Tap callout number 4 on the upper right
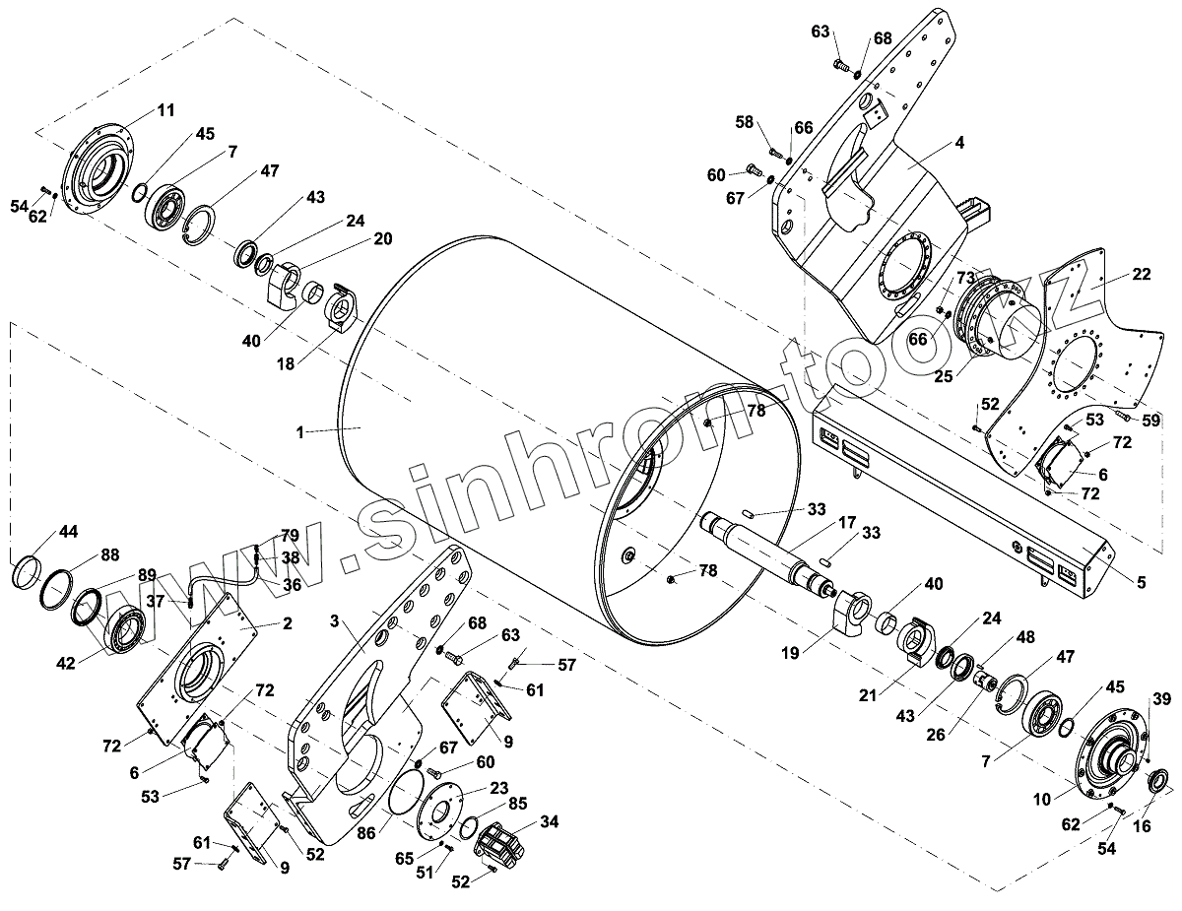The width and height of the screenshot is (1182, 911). pos(959,142)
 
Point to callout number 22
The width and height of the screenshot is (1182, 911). pos(1141,275)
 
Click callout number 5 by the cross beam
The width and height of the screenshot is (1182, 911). pos(1141,582)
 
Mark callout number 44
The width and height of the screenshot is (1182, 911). pos(67,532)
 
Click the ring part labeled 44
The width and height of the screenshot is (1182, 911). pos(28,572)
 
